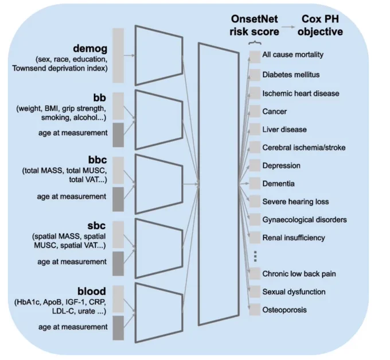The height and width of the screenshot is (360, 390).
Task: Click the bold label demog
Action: (90, 49)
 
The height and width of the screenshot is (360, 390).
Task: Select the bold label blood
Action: (92, 291)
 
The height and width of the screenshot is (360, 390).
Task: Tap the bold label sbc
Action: (96, 226)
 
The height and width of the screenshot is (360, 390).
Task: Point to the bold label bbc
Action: (97, 160)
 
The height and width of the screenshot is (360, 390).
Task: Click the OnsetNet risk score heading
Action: (254, 25)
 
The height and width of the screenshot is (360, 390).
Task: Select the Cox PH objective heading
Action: (321, 25)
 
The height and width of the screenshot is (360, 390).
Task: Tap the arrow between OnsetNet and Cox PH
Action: (288, 27)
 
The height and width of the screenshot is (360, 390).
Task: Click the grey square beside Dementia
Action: (255, 184)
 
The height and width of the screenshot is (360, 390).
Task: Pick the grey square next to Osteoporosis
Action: (255, 309)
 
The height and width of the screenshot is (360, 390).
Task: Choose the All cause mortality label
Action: (292, 55)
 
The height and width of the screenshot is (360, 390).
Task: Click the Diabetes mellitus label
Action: (291, 75)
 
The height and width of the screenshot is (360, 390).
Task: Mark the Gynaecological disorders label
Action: (305, 219)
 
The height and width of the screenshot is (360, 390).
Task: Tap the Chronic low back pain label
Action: (299, 274)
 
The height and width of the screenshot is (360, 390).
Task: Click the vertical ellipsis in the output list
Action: (255, 256)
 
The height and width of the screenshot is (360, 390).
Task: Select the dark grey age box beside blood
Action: (118, 328)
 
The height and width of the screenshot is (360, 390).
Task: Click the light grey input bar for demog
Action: (118, 55)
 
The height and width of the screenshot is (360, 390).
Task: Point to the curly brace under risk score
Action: (255, 43)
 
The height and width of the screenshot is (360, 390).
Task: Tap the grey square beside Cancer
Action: (255, 111)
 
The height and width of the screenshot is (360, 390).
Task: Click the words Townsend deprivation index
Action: (60, 68)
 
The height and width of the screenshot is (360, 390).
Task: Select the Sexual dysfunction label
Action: (294, 292)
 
